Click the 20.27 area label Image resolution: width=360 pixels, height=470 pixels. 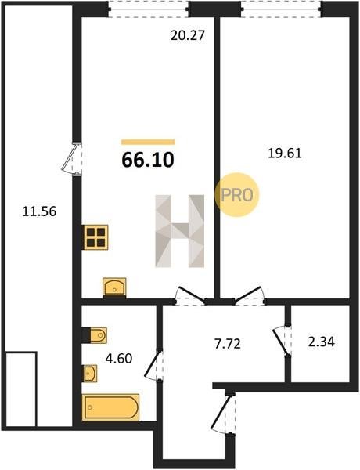pos(188,36)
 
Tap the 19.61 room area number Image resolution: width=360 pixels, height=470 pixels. pos(285,154)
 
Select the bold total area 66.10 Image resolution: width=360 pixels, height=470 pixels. pos(148,160)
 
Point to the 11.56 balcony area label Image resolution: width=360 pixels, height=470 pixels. pos(39,211)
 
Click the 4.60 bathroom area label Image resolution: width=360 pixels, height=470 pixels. pos(119,359)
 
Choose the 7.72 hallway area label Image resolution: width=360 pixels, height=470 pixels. pos(228,344)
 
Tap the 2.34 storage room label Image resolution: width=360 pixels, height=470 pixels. pos(322,342)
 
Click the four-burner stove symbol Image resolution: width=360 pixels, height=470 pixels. pos(95,237)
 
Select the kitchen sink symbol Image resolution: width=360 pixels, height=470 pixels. pos(114,287)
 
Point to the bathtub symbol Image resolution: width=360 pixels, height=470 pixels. pos(110,407)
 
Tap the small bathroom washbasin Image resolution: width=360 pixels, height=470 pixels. pos(90,374)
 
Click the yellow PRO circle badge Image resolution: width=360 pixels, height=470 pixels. pos(236,195)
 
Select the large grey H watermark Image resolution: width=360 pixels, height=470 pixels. pos(180,231)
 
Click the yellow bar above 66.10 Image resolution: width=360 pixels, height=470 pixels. pos(148,142)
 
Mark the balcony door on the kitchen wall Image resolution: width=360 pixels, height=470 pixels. pos(73,158)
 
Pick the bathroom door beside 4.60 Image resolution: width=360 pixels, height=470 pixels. pos(154,365)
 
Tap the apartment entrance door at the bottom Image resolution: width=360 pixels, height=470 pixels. pos(223,414)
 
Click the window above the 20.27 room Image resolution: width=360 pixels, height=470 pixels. pos(149,9)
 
